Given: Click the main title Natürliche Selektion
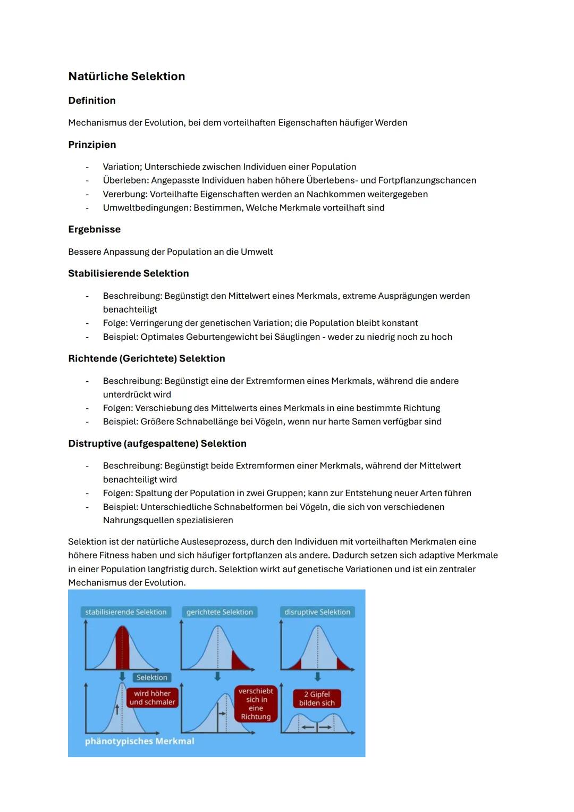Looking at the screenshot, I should [126, 77].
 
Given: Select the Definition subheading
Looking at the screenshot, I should [92, 101].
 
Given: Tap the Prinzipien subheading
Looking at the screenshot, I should [92, 145].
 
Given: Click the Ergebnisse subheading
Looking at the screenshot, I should [94, 230].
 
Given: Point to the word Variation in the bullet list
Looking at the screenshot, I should [122, 167].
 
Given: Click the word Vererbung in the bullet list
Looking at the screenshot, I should [124, 194].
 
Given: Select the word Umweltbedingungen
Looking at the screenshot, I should [146, 208].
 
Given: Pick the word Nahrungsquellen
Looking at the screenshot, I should [138, 521].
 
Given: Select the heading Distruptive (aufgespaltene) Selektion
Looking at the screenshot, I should [157, 443].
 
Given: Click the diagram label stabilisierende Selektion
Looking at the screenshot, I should [125, 612].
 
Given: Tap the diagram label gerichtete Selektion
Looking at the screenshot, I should [220, 612].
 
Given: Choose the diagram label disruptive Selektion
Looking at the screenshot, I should [317, 612].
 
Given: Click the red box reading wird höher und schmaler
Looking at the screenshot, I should [152, 698].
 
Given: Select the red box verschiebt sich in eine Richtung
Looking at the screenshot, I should [256, 704].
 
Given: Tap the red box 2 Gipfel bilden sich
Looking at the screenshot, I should [317, 699].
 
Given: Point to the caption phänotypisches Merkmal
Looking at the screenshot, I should [140, 741].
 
